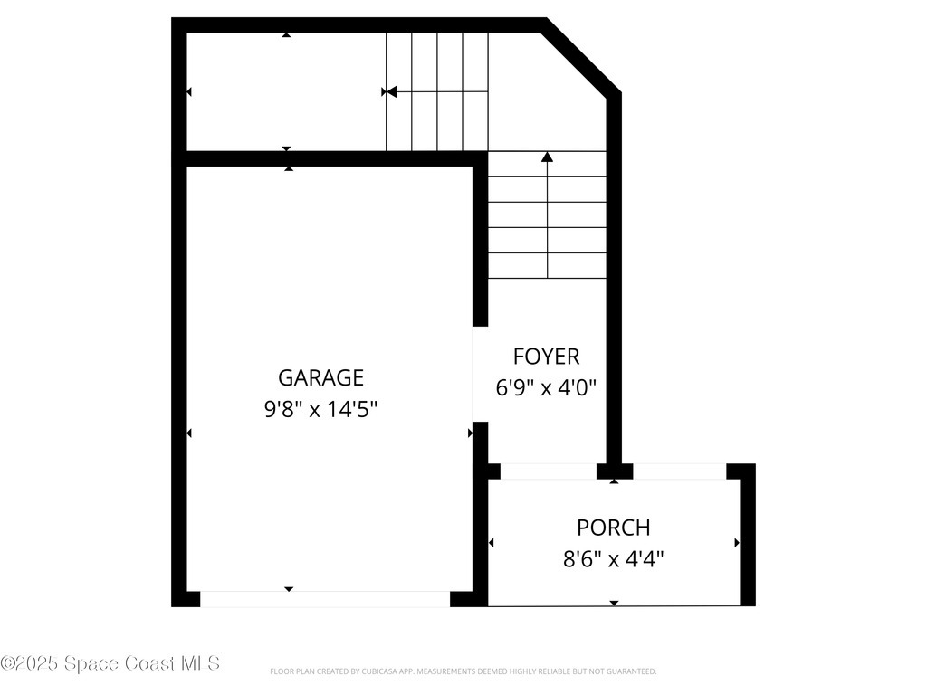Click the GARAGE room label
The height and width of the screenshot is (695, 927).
pos(320,377)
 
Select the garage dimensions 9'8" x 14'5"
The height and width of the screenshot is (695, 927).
pos(320,409)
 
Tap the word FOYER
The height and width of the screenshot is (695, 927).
pos(546,357)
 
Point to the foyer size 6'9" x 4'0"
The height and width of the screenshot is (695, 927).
pos(546,388)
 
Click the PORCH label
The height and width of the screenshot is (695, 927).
pos(614,528)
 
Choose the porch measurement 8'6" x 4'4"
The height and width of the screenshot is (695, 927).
pos(614,559)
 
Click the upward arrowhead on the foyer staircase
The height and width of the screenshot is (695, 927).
pos(547,157)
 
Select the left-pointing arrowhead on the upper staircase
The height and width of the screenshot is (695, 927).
pos(392,91)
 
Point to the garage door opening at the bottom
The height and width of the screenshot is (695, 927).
pos(324,599)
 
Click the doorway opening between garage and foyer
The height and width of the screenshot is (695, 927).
pos(480,374)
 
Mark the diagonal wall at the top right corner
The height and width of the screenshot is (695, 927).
pos(581,56)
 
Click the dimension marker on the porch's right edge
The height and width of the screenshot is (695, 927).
pos(737,543)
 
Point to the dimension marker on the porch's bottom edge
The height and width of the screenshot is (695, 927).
pos(614,602)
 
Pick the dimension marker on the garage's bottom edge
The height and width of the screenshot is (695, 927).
pos(289,589)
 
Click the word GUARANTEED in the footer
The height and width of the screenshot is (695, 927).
pos(632,671)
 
